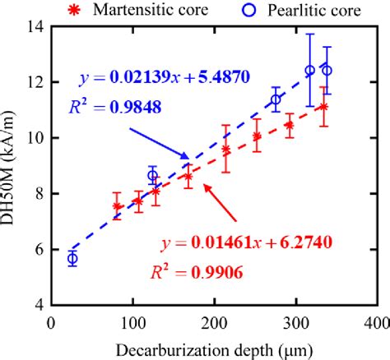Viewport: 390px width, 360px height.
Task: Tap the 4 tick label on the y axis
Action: (39, 305)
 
